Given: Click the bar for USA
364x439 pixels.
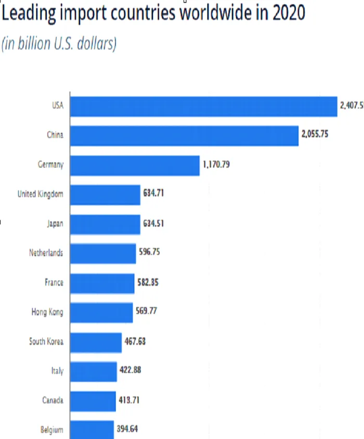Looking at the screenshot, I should pyautogui.click(x=203, y=106).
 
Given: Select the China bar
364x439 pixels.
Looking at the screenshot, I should pyautogui.click(x=184, y=135).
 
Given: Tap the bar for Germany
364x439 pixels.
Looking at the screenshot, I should pyautogui.click(x=135, y=165).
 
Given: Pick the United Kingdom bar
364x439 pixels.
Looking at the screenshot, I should pyautogui.click(x=105, y=195).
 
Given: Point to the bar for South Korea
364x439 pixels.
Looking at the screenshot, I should pyautogui.click(x=96, y=342).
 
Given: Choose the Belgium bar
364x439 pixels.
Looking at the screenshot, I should pyautogui.click(x=92, y=430).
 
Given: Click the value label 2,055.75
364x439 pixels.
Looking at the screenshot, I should pyautogui.click(x=315, y=135).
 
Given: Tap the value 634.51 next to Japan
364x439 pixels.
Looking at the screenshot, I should pyautogui.click(x=154, y=224).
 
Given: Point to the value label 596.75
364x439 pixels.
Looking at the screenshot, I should pyautogui.click(x=150, y=253).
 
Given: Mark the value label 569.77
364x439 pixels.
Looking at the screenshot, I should pyautogui.click(x=145, y=312).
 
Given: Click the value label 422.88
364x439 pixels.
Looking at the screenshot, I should pyautogui.click(x=129, y=371).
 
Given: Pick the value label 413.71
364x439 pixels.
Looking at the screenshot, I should pyautogui.click(x=128, y=400).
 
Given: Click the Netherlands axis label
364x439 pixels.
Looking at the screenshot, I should pyautogui.click(x=46, y=253).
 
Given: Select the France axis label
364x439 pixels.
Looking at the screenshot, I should pyautogui.click(x=54, y=282).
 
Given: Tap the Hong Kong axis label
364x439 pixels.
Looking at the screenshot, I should pyautogui.click(x=47, y=312).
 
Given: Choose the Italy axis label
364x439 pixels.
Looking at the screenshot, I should pyautogui.click(x=57, y=371).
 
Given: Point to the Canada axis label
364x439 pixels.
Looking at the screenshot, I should pyautogui.click(x=53, y=400).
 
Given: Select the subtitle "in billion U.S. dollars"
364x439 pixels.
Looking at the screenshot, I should pyautogui.click(x=59, y=44).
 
